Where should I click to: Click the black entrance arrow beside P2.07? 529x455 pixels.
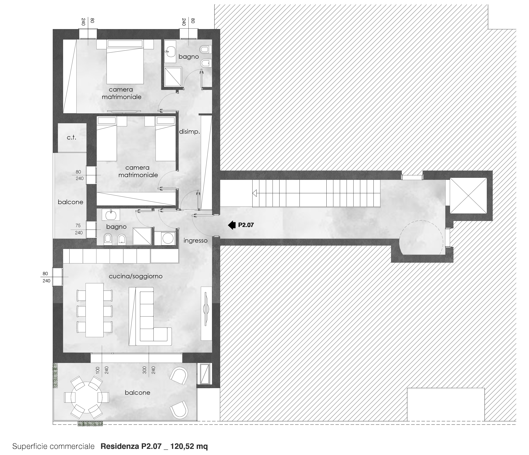[x=232, y=225]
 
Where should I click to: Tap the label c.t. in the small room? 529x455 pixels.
[x=71, y=138]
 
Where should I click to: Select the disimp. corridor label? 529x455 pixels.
[x=189, y=132]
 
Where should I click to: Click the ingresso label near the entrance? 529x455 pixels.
[x=195, y=241]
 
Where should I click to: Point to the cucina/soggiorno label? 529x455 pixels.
[x=136, y=276]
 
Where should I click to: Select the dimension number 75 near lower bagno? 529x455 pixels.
[x=78, y=225]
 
